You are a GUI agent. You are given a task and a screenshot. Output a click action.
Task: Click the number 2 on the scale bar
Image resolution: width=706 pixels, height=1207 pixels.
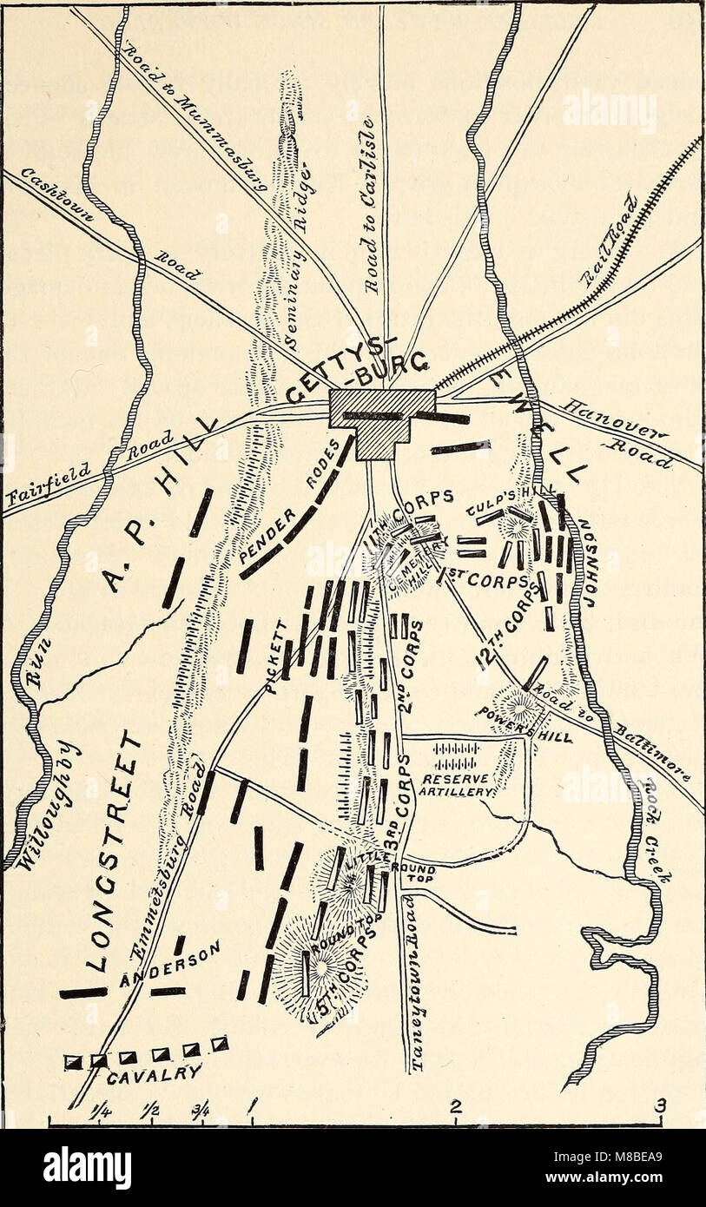[455, 1106]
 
